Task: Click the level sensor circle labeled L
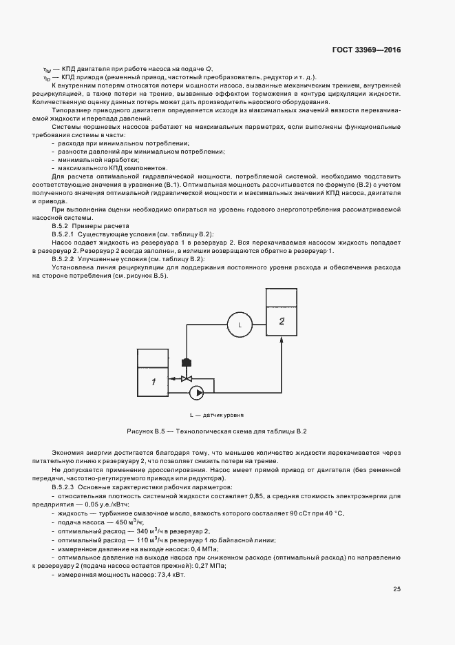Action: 240,323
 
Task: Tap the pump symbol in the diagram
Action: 198,392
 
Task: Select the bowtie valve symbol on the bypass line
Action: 185,378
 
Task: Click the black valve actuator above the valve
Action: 185,362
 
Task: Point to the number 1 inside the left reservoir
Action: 154,381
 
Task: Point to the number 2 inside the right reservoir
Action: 281,320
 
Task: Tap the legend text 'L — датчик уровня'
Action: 217,416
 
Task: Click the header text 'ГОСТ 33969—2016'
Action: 366,50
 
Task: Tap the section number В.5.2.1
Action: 67,234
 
